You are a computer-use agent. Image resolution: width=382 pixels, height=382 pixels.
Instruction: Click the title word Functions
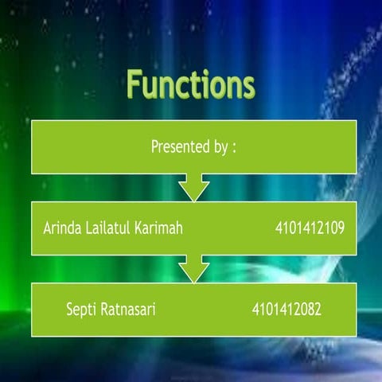tap(191, 84)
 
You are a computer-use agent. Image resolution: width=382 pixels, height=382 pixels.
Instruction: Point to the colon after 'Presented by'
tap(235, 149)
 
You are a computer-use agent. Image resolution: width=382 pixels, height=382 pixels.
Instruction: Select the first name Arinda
tap(62, 228)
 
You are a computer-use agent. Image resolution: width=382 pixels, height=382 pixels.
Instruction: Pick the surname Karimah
tap(159, 228)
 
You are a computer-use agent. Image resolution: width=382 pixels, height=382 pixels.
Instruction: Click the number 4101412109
tap(309, 228)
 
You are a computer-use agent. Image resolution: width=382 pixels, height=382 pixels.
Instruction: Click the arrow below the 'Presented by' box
tap(193, 189)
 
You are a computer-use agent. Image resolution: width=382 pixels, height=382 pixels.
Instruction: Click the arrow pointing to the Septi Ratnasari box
tap(193, 268)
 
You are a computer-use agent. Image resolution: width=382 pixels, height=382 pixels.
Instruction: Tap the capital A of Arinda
tap(46, 228)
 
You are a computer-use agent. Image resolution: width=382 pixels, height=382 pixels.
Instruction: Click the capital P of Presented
tap(154, 147)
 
